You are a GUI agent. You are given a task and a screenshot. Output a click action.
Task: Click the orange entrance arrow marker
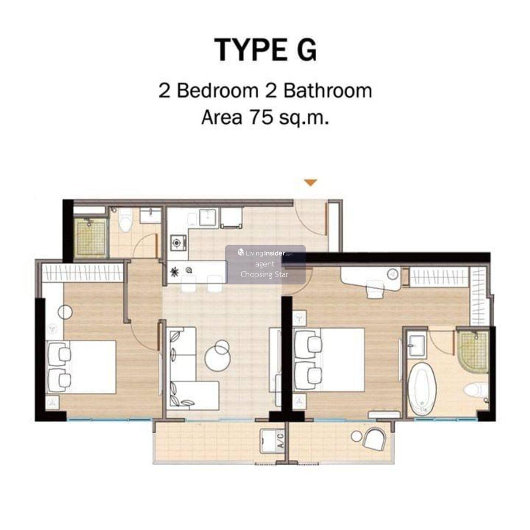point(310,182)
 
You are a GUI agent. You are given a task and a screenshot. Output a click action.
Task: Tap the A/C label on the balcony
point(280,441)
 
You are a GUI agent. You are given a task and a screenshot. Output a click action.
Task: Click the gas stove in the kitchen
point(177,242)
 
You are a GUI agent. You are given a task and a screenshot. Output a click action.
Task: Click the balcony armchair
point(374,439)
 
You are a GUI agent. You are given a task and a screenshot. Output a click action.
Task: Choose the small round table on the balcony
point(357,436)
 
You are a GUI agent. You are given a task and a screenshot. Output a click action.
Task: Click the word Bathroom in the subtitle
point(328,91)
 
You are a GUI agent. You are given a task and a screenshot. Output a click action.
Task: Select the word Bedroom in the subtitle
point(218,91)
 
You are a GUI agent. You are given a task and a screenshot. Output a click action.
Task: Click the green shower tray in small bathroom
point(91,237)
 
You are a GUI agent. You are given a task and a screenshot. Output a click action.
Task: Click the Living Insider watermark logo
point(265,253)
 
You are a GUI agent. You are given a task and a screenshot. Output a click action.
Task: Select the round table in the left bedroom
point(65,312)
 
